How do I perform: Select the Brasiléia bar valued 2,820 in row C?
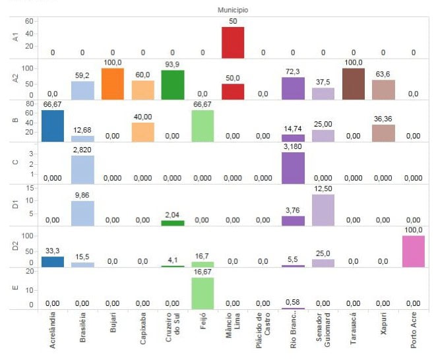(x=82, y=169)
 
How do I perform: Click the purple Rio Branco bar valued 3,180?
(x=293, y=167)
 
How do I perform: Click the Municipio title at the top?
(x=232, y=11)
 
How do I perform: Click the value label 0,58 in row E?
(x=293, y=302)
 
